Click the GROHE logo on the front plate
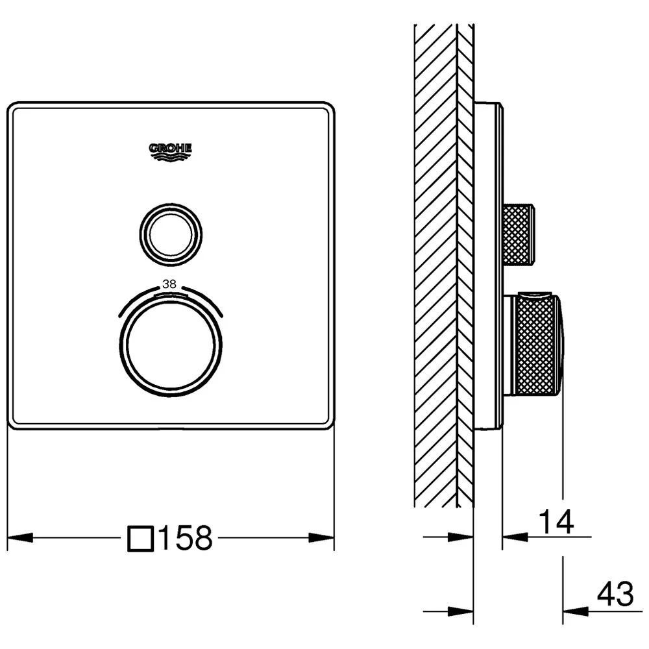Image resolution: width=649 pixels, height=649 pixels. point(170,151)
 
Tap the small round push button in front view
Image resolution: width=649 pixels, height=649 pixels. point(171,235)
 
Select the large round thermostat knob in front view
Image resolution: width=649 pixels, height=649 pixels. point(171,345)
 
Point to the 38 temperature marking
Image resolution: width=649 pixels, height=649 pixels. point(169,284)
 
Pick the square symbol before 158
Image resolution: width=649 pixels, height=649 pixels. point(141,538)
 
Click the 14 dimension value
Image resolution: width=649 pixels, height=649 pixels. point(557,522)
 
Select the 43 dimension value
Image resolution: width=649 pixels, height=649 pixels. point(615,594)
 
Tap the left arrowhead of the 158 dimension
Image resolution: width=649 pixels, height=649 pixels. point(20,537)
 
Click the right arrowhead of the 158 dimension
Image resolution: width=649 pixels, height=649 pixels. point(322,537)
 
